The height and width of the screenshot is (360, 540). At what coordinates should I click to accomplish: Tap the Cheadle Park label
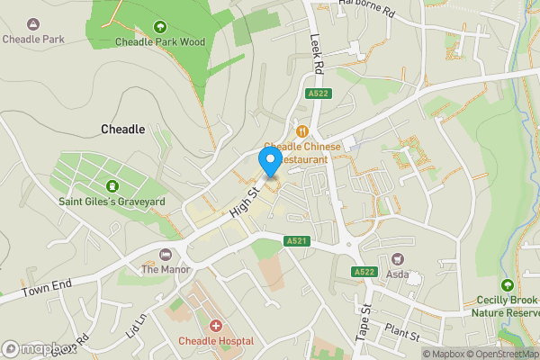tap(33, 39)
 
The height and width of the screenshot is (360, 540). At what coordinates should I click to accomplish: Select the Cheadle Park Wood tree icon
tap(160, 26)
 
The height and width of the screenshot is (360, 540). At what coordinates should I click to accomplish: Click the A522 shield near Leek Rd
tap(318, 94)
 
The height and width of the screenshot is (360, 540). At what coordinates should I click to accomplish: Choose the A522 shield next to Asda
tap(364, 272)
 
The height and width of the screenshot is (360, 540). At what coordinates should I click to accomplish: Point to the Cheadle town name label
tap(123, 130)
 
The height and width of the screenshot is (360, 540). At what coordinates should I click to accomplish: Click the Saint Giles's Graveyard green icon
tap(112, 186)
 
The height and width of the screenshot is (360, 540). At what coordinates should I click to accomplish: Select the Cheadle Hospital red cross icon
tap(215, 326)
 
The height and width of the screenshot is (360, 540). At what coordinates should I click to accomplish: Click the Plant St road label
tap(402, 331)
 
